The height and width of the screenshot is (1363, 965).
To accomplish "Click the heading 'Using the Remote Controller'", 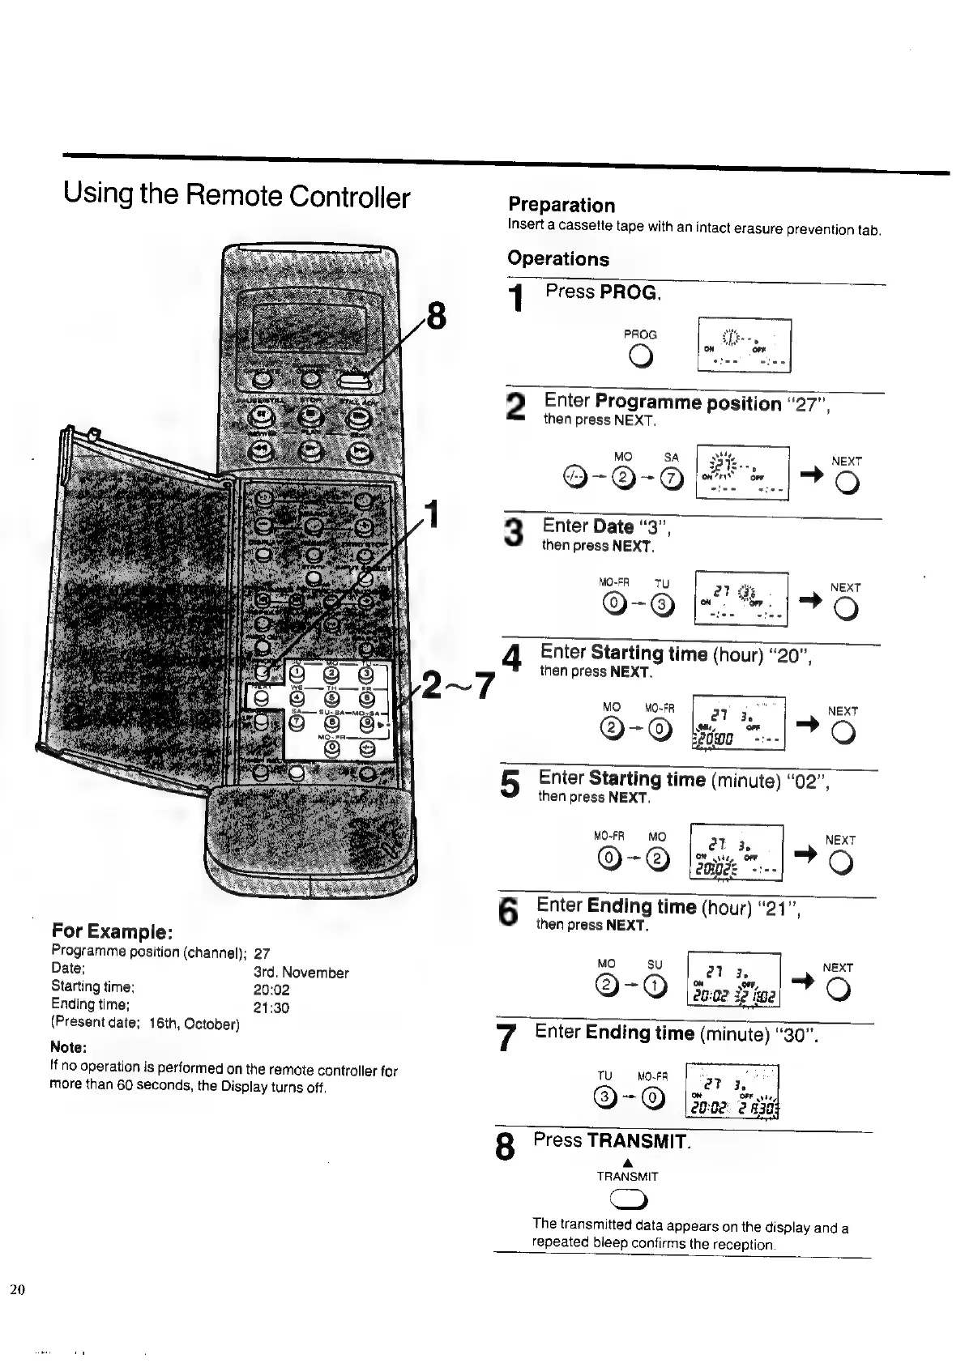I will tap(237, 196).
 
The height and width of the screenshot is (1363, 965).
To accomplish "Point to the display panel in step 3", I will tap(741, 598).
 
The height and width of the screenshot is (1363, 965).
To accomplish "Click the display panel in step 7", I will tap(732, 1091).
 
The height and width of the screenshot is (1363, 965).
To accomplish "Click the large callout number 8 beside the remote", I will tap(436, 316).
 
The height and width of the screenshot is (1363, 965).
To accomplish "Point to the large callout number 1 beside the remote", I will tap(435, 513).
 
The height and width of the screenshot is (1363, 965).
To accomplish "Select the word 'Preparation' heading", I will tap(561, 205).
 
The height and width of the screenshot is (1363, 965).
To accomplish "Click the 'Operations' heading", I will tap(558, 259).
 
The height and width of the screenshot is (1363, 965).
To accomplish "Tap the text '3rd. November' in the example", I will tap(301, 973).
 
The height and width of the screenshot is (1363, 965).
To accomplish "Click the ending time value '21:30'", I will tap(271, 1008).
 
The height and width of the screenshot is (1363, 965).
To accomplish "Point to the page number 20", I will tap(18, 1289).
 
